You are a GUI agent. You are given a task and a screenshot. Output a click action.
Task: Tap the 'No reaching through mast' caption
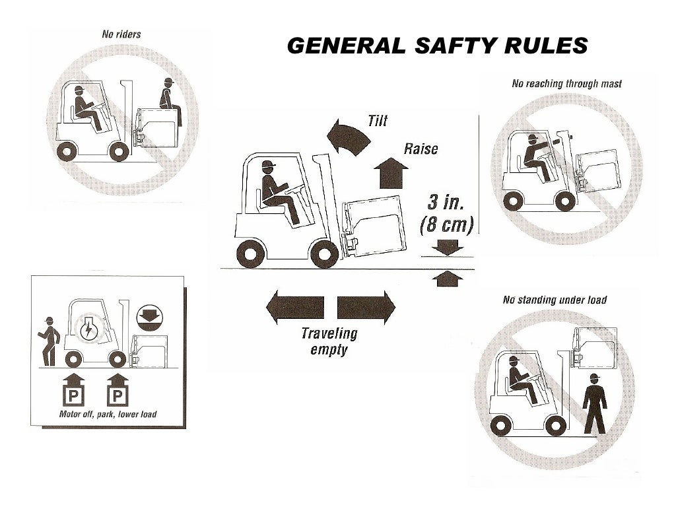click(567, 84)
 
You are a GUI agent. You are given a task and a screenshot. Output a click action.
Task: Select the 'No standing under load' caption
click(555, 300)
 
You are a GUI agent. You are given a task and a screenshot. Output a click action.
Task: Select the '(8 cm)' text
click(447, 226)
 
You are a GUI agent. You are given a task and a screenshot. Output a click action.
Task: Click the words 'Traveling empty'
click(329, 341)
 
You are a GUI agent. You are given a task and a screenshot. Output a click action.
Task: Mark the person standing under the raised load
click(595, 403)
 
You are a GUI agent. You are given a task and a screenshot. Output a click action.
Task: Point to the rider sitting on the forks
click(169, 96)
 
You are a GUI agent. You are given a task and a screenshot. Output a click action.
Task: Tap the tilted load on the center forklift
click(374, 220)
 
